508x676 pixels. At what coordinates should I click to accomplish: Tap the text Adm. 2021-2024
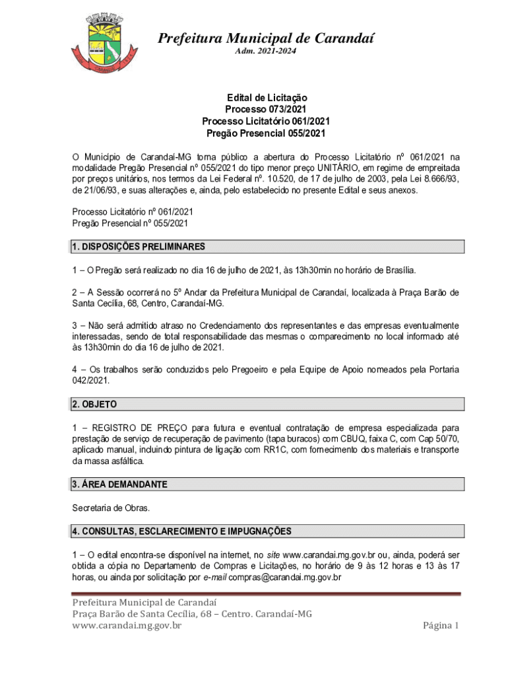tap(266, 51)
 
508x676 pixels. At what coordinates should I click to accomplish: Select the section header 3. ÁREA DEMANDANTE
tap(119, 485)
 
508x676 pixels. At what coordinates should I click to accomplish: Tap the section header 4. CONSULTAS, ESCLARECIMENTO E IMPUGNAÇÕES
tap(181, 531)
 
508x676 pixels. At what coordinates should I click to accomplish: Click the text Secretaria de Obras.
tap(111, 508)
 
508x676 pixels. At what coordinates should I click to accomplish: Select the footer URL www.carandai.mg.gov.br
tap(127, 626)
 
